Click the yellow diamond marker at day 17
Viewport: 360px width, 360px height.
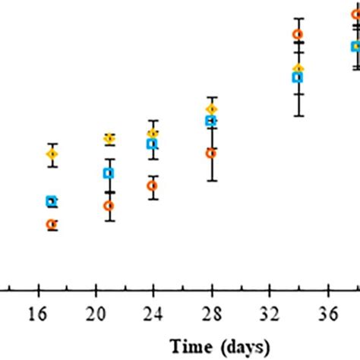[x=52, y=154]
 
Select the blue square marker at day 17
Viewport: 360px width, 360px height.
[x=52, y=201]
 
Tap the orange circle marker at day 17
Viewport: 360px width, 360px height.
[x=52, y=224]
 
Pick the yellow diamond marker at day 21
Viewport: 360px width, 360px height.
[x=109, y=139]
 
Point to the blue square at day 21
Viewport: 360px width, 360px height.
[x=109, y=173]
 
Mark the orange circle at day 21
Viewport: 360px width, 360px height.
[x=109, y=205]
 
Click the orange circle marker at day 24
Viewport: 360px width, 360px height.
[x=153, y=185]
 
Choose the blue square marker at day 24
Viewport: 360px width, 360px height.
[x=152, y=144]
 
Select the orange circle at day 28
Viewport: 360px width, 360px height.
[x=211, y=153]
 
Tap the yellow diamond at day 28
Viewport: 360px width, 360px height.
[x=211, y=109]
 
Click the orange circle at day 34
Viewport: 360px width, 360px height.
[x=298, y=34]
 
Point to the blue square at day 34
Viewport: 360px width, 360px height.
[x=298, y=77]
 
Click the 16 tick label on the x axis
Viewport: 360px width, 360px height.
[x=37, y=313]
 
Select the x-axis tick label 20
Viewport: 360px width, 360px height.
[x=95, y=313]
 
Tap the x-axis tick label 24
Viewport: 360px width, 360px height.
[x=153, y=313]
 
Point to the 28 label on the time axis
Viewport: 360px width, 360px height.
[x=211, y=313]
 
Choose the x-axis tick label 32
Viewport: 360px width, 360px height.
[x=270, y=313]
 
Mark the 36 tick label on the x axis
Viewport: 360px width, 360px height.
[x=327, y=313]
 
